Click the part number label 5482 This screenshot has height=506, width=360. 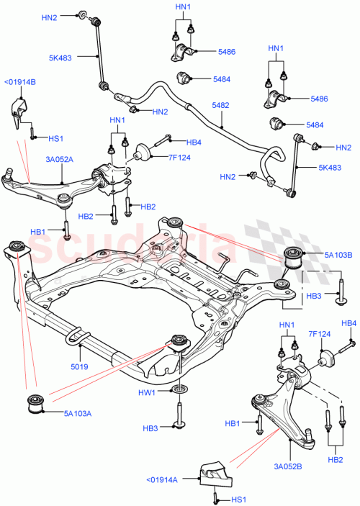click(x=220, y=105)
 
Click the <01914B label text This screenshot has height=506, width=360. click(x=19, y=81)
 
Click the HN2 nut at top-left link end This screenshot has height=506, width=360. click(x=84, y=14)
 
